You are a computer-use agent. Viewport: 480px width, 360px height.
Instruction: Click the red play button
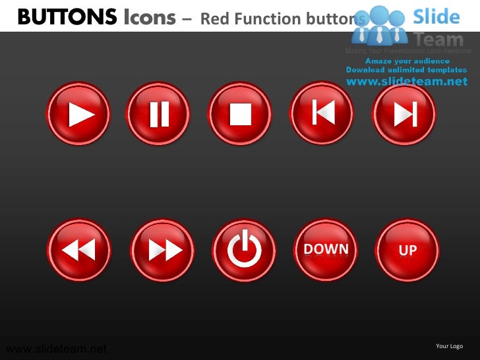pyautogui.click(x=79, y=114)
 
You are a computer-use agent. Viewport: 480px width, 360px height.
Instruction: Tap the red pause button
pyautogui.click(x=159, y=114)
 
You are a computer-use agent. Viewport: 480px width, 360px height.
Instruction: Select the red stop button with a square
pyautogui.click(x=241, y=114)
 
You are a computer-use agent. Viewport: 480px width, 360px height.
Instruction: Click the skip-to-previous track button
pyautogui.click(x=322, y=114)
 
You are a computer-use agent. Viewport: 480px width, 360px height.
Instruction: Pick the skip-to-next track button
pyautogui.click(x=404, y=114)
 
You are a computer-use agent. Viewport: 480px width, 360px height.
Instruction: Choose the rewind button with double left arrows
pyautogui.click(x=79, y=250)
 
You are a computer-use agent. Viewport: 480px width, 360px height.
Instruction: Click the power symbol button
pyautogui.click(x=244, y=250)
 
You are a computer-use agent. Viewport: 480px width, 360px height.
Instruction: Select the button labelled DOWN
pyautogui.click(x=326, y=249)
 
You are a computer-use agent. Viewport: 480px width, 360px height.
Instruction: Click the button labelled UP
pyautogui.click(x=407, y=251)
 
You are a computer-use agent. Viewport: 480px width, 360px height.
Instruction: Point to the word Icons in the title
pyautogui.click(x=150, y=18)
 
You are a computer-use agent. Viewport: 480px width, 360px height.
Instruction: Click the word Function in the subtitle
pyautogui.click(x=266, y=19)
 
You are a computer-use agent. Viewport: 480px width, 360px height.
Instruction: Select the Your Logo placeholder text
pyautogui.click(x=450, y=346)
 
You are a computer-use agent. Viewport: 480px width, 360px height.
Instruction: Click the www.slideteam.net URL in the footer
pyautogui.click(x=55, y=349)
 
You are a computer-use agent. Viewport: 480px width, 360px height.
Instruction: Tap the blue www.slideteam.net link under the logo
pyautogui.click(x=406, y=81)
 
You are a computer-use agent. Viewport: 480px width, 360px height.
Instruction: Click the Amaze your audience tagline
pyautogui.click(x=407, y=61)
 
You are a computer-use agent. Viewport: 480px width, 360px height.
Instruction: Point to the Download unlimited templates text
pyautogui.click(x=406, y=70)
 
